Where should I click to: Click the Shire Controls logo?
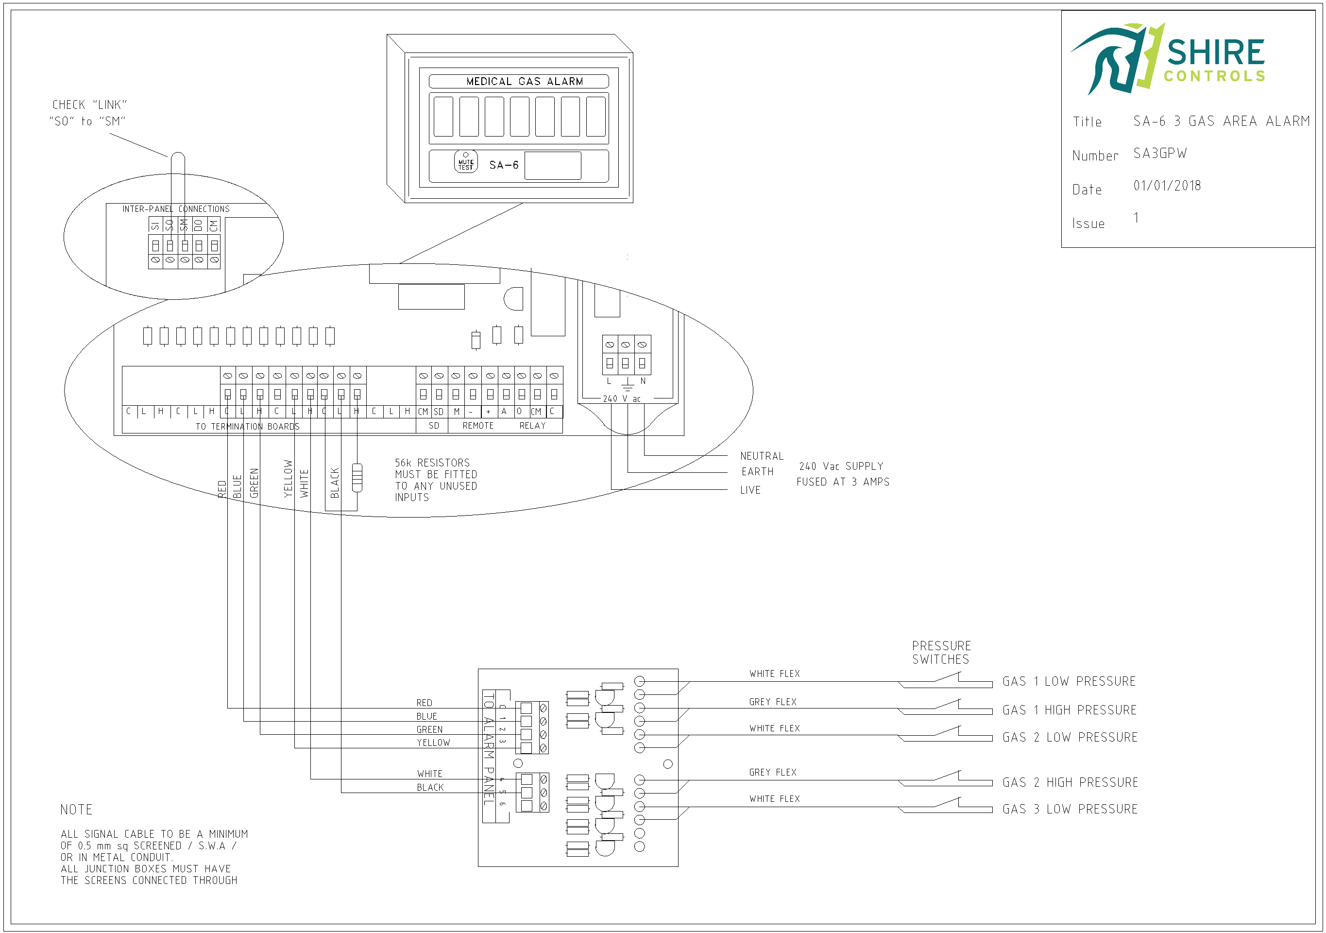[1167, 58]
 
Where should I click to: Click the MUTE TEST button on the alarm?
[465, 162]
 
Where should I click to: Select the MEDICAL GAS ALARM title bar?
[518, 82]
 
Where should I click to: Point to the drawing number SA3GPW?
[1160, 154]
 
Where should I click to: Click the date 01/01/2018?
[1167, 186]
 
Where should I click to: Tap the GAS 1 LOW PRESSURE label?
[1069, 681]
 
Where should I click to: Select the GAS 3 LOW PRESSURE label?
[1070, 809]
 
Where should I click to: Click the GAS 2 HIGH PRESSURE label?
[1070, 782]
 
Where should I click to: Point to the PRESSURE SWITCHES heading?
[941, 652]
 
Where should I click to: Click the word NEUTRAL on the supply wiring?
[761, 456]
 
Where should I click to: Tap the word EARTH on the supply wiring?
[757, 472]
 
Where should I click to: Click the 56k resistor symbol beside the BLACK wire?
[357, 477]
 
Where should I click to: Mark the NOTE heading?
[76, 810]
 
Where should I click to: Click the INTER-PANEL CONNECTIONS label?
[175, 209]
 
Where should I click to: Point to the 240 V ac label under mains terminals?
[621, 398]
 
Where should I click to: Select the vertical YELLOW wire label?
[288, 478]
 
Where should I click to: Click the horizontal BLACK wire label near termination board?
[430, 787]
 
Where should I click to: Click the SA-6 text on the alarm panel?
[504, 165]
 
